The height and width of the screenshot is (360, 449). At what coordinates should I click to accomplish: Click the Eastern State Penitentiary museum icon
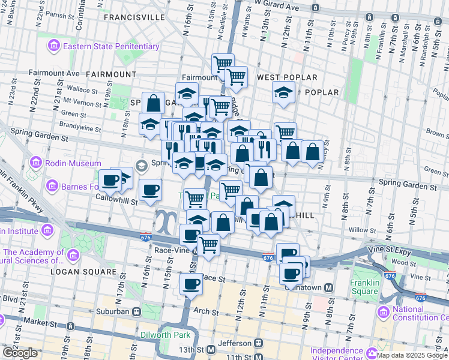pos(55,46)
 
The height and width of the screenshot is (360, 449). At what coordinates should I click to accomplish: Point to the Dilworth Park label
pos(165,335)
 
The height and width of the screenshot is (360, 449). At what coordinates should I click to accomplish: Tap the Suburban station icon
pos(137,312)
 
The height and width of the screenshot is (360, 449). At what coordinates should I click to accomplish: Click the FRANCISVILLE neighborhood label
pos(134,17)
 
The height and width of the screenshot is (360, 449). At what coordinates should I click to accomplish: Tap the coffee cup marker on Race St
pos(191,283)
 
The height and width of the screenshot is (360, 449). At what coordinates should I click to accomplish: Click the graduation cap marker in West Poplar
pos(283,93)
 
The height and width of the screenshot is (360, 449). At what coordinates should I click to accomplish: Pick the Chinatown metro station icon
pos(329,288)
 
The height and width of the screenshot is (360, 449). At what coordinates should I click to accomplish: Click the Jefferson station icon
pos(258,343)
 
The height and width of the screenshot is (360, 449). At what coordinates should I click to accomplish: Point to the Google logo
pos(20,353)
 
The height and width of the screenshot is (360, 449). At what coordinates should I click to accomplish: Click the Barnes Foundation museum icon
pos(52,186)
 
